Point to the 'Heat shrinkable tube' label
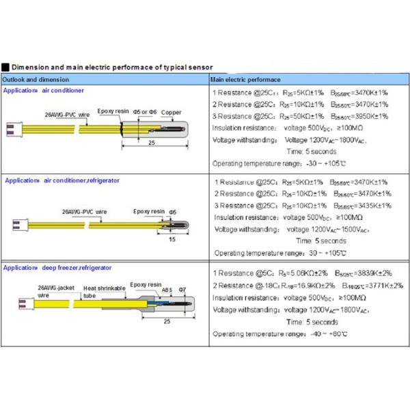pyautogui.click(x=105, y=292)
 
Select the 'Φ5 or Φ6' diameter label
pyautogui.click(x=145, y=111)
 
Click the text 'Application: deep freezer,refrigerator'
pyautogui.click(x=57, y=268)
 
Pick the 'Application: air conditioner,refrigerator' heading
pyautogui.click(x=61, y=180)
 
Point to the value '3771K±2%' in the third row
pyautogui.click(x=383, y=285)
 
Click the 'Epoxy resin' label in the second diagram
pyautogui.click(x=148, y=211)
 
